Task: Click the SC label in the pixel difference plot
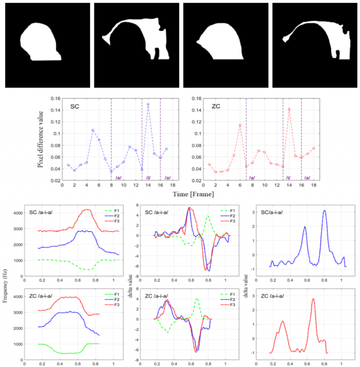[x=74, y=107]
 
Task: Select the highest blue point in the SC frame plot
[x=148, y=104]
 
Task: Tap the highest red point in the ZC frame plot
[x=289, y=109]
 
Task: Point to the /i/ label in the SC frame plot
[x=149, y=178]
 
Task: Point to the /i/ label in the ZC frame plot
[x=289, y=178]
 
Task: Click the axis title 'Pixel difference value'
[x=41, y=139]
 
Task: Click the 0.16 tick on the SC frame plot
[x=55, y=99]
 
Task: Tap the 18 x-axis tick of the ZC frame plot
[x=314, y=186]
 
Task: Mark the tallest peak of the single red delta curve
[x=313, y=299]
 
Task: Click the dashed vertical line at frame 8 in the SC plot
[x=111, y=141]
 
